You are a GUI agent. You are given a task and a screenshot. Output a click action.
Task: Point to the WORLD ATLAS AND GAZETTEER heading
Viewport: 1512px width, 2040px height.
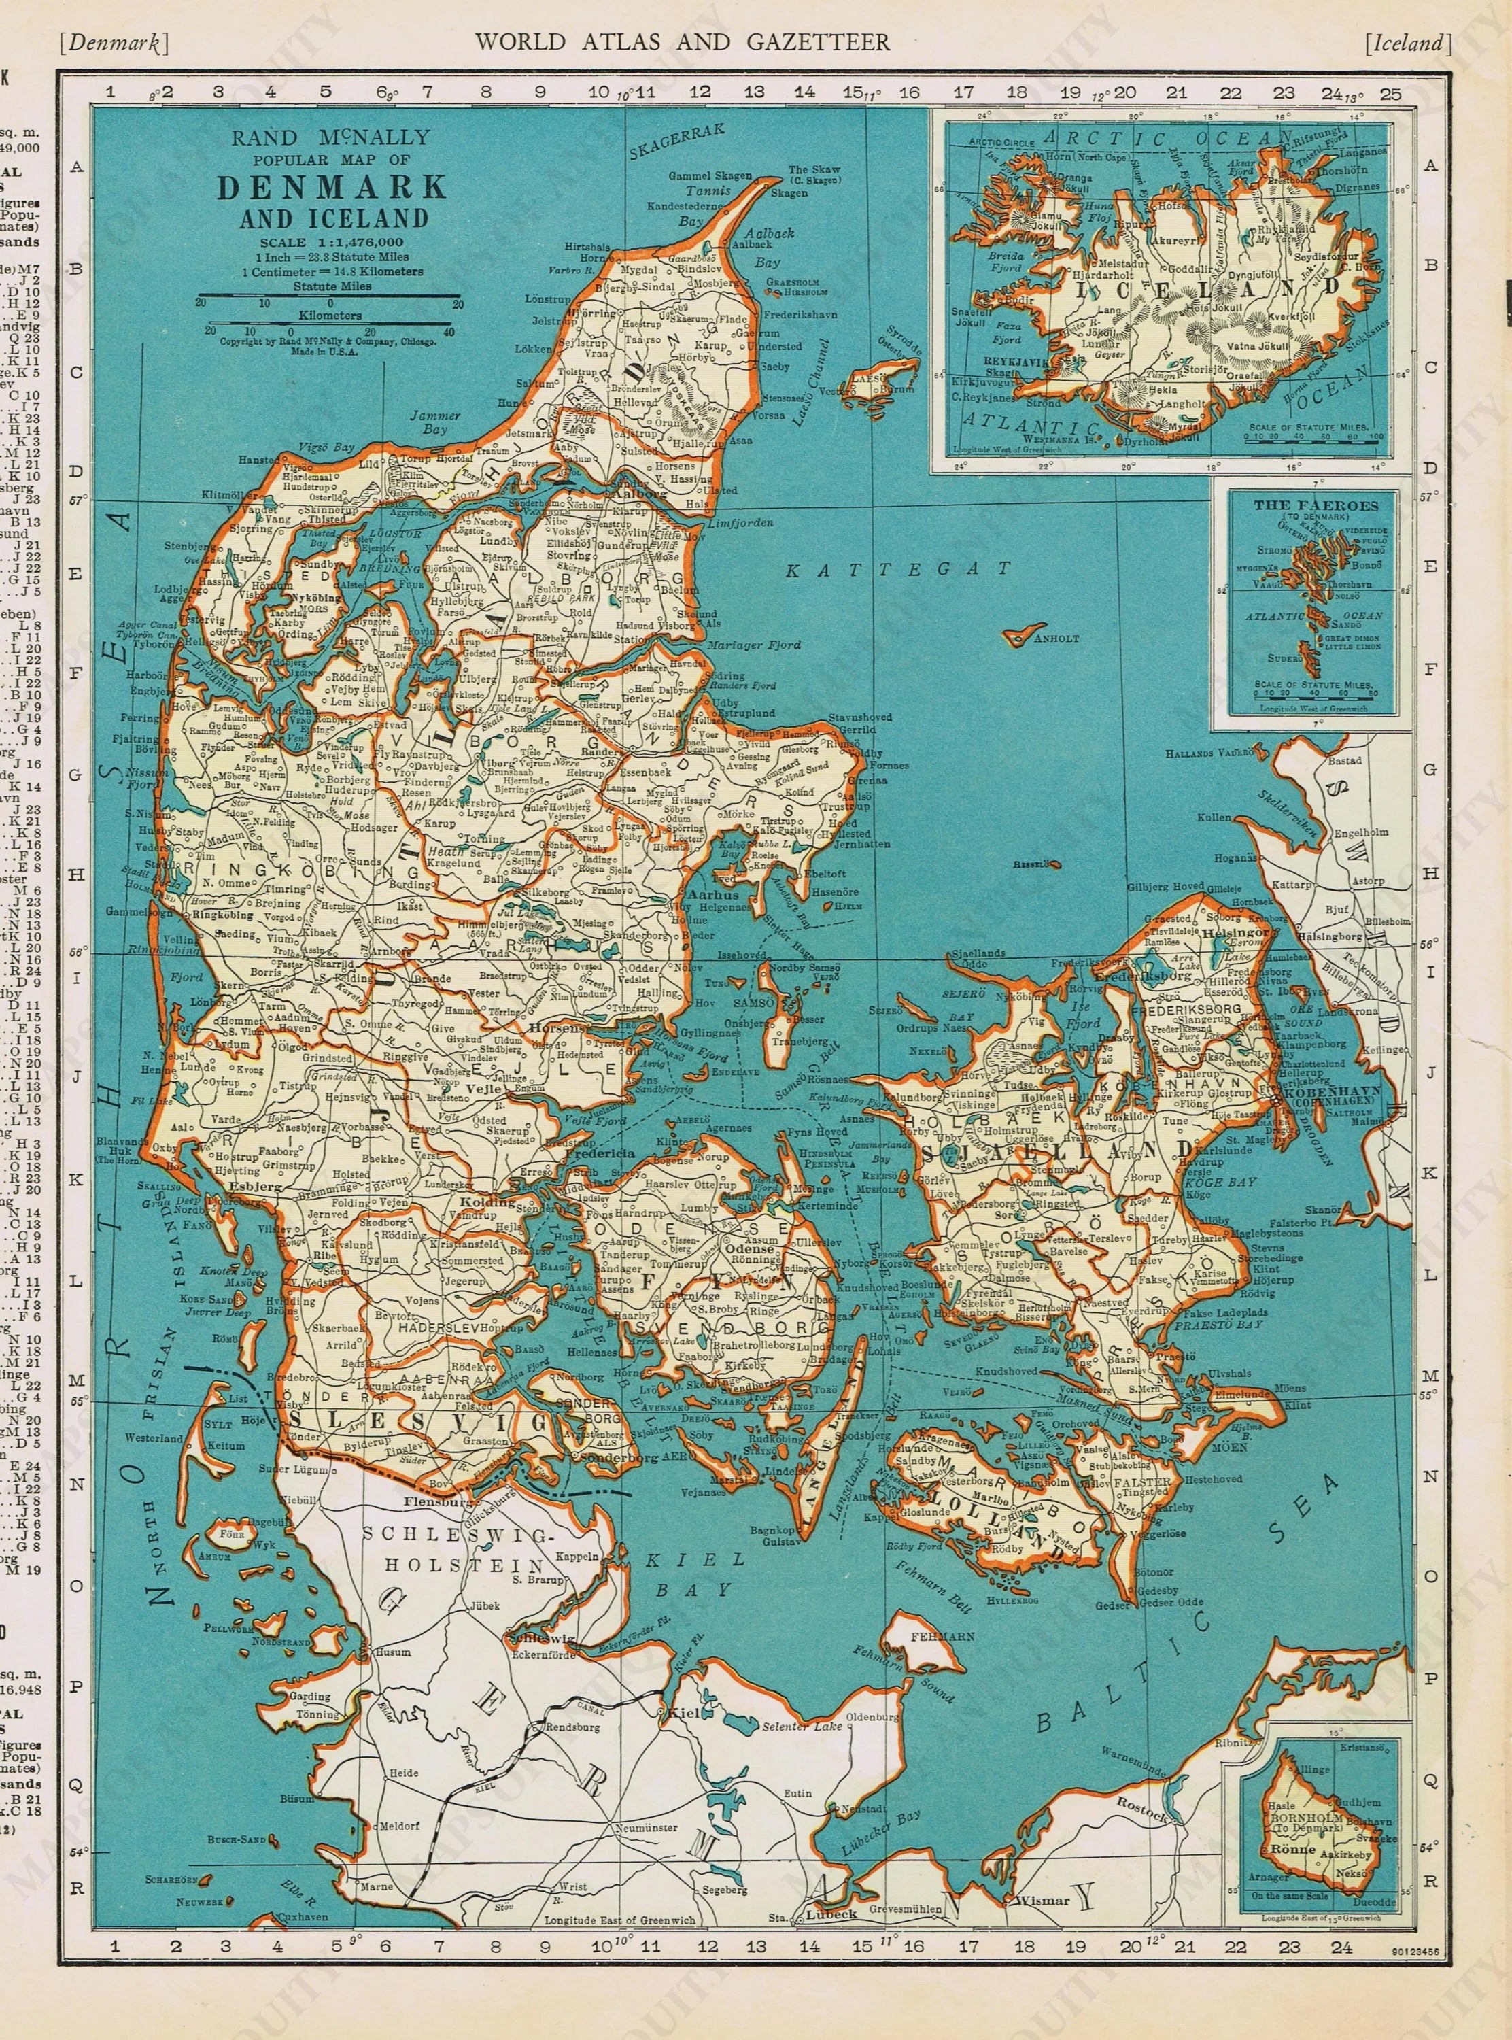[681, 41]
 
